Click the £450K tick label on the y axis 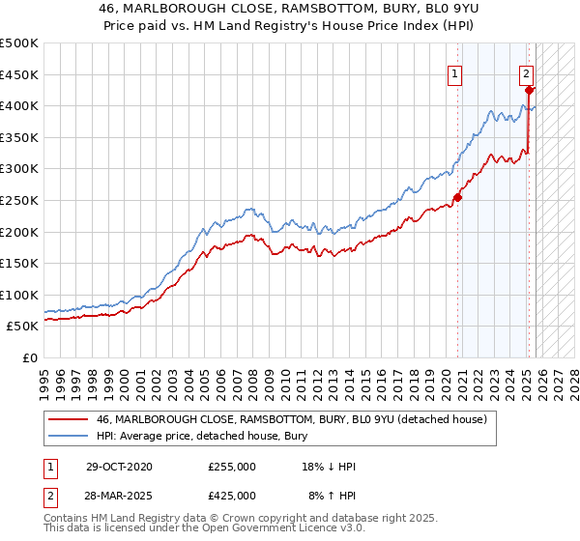click(x=18, y=74)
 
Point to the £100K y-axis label click(x=18, y=295)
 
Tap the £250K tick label click(x=18, y=200)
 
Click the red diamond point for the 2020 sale click(x=458, y=198)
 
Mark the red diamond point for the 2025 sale click(x=529, y=90)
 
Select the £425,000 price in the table click(x=232, y=495)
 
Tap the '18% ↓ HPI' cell click(x=329, y=467)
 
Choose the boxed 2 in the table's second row click(x=51, y=495)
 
